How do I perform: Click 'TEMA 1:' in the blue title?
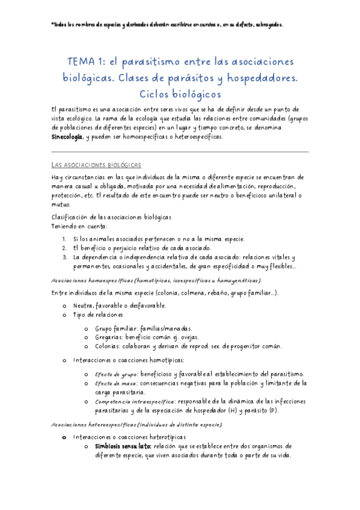[x=86, y=62]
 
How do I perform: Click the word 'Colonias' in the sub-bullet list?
[x=108, y=346]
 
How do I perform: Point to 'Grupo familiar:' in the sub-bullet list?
[x=117, y=328]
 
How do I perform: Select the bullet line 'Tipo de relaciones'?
[x=97, y=315]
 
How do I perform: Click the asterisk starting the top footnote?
[x=53, y=25]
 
